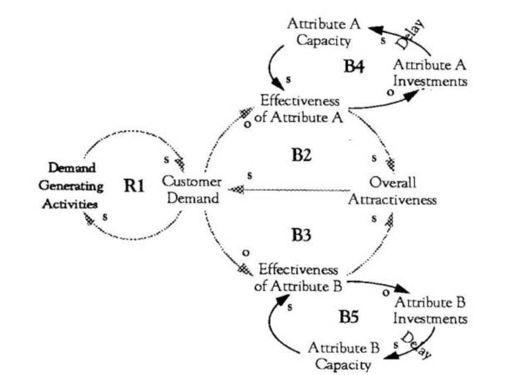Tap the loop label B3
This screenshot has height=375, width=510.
(303, 235)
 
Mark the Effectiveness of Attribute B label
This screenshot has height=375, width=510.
(297, 277)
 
